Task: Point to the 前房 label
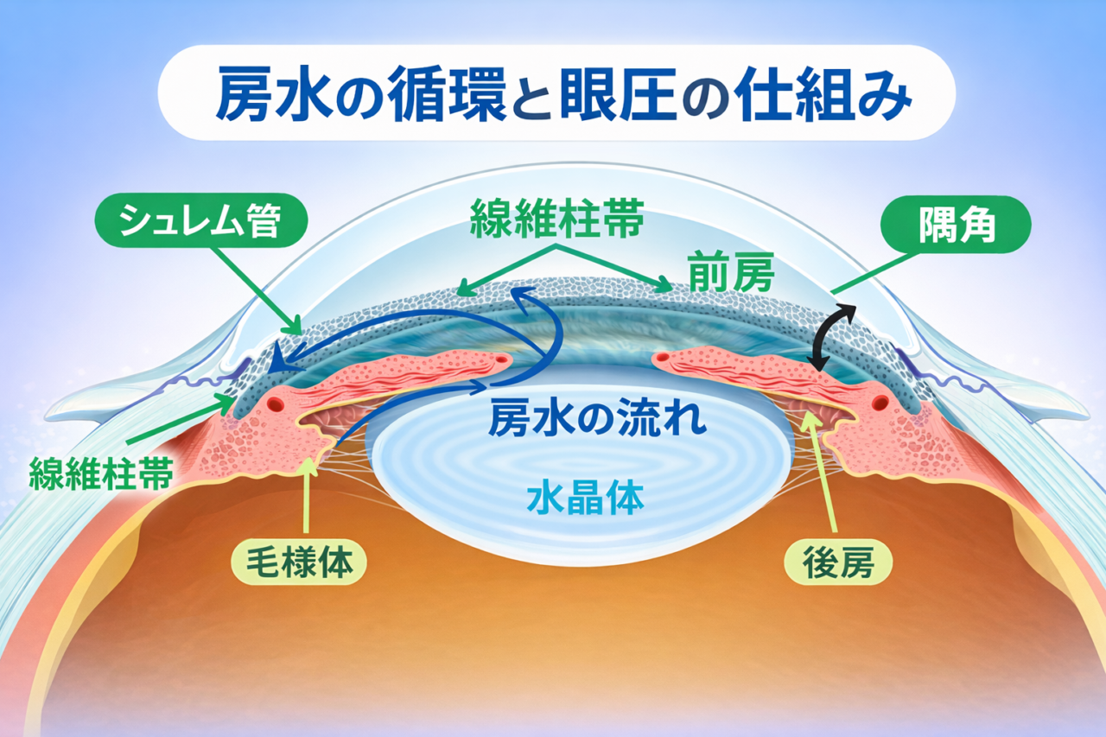coord(730,274)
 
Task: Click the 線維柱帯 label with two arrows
coord(556,220)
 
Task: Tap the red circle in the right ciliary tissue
coord(880,403)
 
